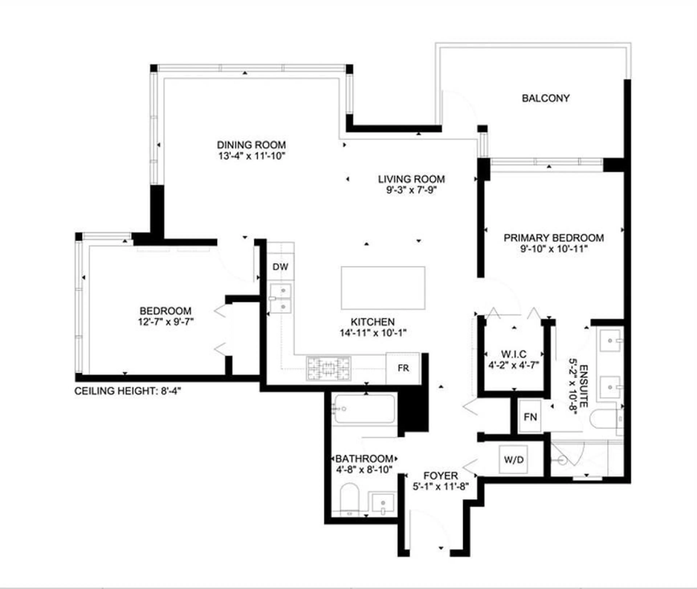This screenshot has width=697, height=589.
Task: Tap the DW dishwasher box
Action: [x=280, y=267]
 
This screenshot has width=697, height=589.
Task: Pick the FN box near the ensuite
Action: [x=530, y=417]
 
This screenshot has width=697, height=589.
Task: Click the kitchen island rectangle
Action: [x=383, y=288]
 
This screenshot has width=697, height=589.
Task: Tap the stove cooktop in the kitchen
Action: [x=329, y=369]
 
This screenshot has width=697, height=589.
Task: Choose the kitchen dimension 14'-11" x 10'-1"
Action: [x=373, y=333]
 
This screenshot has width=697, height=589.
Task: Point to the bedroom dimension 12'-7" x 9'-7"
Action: [x=166, y=322]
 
